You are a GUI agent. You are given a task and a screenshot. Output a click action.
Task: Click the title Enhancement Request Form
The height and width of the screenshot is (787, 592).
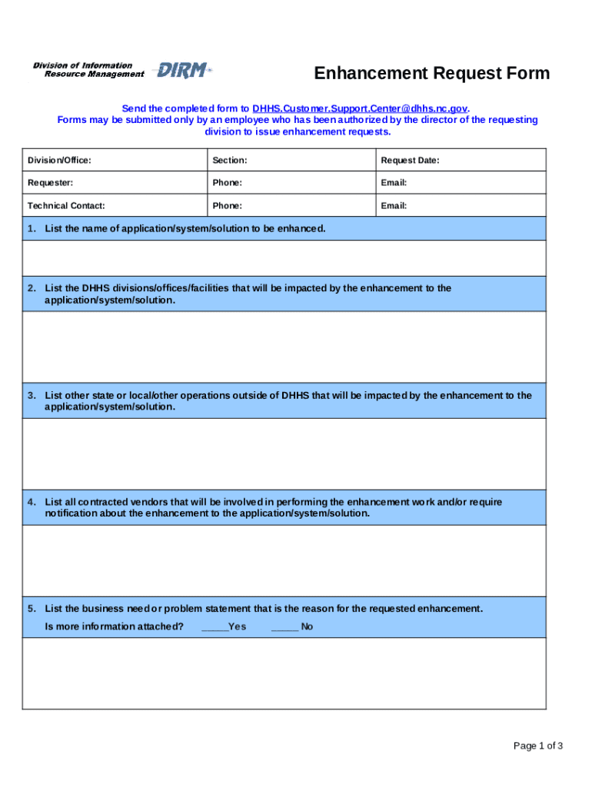click(431, 74)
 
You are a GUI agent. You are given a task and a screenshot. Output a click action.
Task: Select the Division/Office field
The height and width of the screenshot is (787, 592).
click(115, 160)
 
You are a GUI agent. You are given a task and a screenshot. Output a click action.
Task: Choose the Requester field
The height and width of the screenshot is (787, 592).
click(115, 183)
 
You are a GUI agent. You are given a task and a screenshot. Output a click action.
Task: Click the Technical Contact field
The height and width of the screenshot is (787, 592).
click(115, 206)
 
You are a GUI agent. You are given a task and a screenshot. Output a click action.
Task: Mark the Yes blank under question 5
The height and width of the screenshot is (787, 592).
click(215, 627)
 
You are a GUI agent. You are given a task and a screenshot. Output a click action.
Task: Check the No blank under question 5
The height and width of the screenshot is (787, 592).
click(284, 627)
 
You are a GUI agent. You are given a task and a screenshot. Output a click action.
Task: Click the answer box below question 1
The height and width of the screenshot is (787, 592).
click(284, 257)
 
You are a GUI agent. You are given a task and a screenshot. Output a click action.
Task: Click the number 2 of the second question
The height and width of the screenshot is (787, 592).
click(32, 288)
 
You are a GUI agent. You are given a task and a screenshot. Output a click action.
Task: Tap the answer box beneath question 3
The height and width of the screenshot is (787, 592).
click(284, 453)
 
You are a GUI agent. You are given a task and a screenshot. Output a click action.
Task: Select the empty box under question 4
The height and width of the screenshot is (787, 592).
click(284, 560)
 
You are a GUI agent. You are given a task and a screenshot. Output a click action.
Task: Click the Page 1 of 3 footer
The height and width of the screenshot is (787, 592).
click(538, 745)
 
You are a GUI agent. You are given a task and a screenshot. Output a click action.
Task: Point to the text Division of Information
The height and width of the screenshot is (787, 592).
click(83, 65)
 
